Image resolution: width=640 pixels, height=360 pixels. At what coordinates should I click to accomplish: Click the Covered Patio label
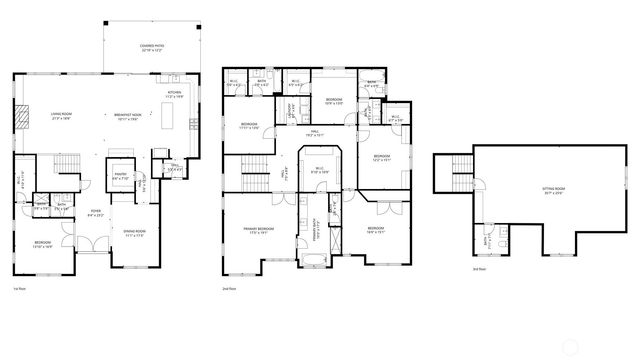[x=153, y=48]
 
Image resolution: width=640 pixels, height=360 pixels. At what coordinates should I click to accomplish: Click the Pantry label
[x=120, y=176]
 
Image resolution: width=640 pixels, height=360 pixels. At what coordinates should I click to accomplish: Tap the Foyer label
[x=95, y=212]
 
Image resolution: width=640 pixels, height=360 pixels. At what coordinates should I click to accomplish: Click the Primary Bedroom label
[x=258, y=232]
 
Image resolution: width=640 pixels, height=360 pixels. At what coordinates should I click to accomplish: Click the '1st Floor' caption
[x=19, y=288]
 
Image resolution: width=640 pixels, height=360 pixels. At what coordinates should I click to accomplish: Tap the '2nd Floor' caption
[x=229, y=288]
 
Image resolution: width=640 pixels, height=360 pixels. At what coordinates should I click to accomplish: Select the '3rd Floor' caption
[x=480, y=269]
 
